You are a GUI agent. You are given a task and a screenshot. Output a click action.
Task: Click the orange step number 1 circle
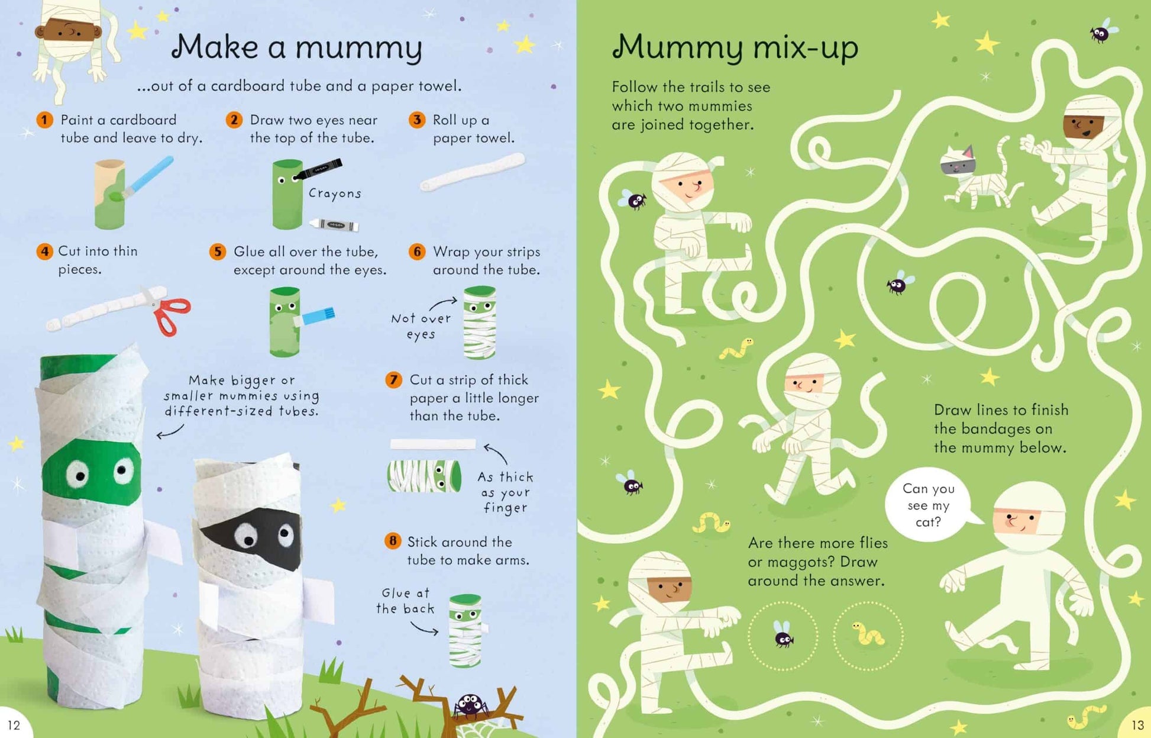44,120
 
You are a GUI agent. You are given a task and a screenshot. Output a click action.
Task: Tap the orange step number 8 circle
393,541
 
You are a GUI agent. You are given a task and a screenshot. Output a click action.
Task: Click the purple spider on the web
470,705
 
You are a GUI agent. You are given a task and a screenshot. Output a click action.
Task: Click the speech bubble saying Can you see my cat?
930,505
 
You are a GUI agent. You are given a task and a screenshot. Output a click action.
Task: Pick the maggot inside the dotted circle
868,634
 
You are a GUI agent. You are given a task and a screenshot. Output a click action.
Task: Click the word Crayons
335,194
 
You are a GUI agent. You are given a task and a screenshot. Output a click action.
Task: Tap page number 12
14,725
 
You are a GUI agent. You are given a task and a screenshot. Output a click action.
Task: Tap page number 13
1137,725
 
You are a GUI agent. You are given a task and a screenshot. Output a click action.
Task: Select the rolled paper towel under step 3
472,172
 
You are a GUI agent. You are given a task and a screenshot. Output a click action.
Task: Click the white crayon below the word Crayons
334,225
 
